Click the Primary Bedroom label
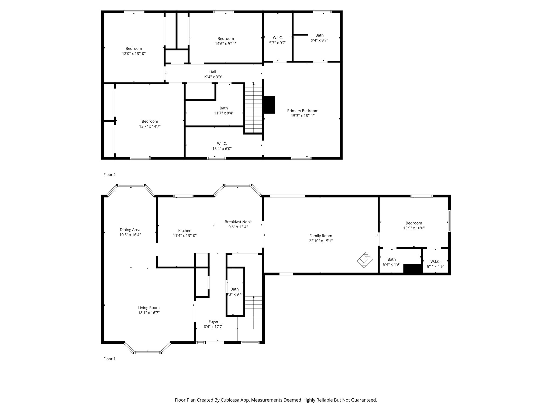coord(302,111)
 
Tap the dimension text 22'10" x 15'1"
coord(321,241)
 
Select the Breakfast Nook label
coord(238,222)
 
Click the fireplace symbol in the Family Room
coord(365,260)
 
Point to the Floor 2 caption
coord(109,175)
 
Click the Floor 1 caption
coord(109,359)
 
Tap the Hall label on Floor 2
coord(213,72)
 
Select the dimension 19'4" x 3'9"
coord(213,77)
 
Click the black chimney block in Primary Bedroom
coord(269,105)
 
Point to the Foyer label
coord(213,322)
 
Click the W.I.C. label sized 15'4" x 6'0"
coord(222,144)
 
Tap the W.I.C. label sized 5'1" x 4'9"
coord(435,261)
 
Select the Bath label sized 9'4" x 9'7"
coord(319,35)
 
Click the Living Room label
coord(149,308)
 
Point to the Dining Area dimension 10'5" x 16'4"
coord(130,235)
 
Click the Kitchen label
coord(185,231)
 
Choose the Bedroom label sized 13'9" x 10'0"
coord(414,223)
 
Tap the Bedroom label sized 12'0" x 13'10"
coord(134,49)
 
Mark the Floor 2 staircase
coord(254,108)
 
